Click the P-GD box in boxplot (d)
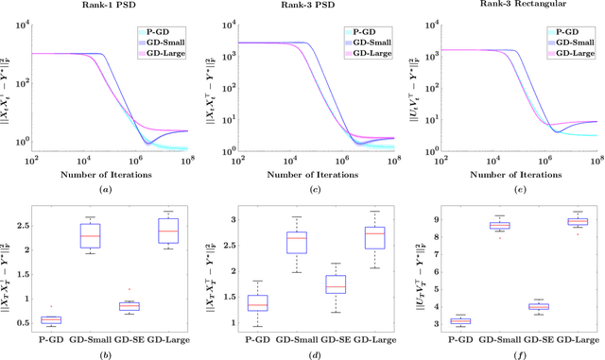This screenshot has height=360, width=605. pos(257,303)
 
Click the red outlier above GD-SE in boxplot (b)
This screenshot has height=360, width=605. pos(130,289)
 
